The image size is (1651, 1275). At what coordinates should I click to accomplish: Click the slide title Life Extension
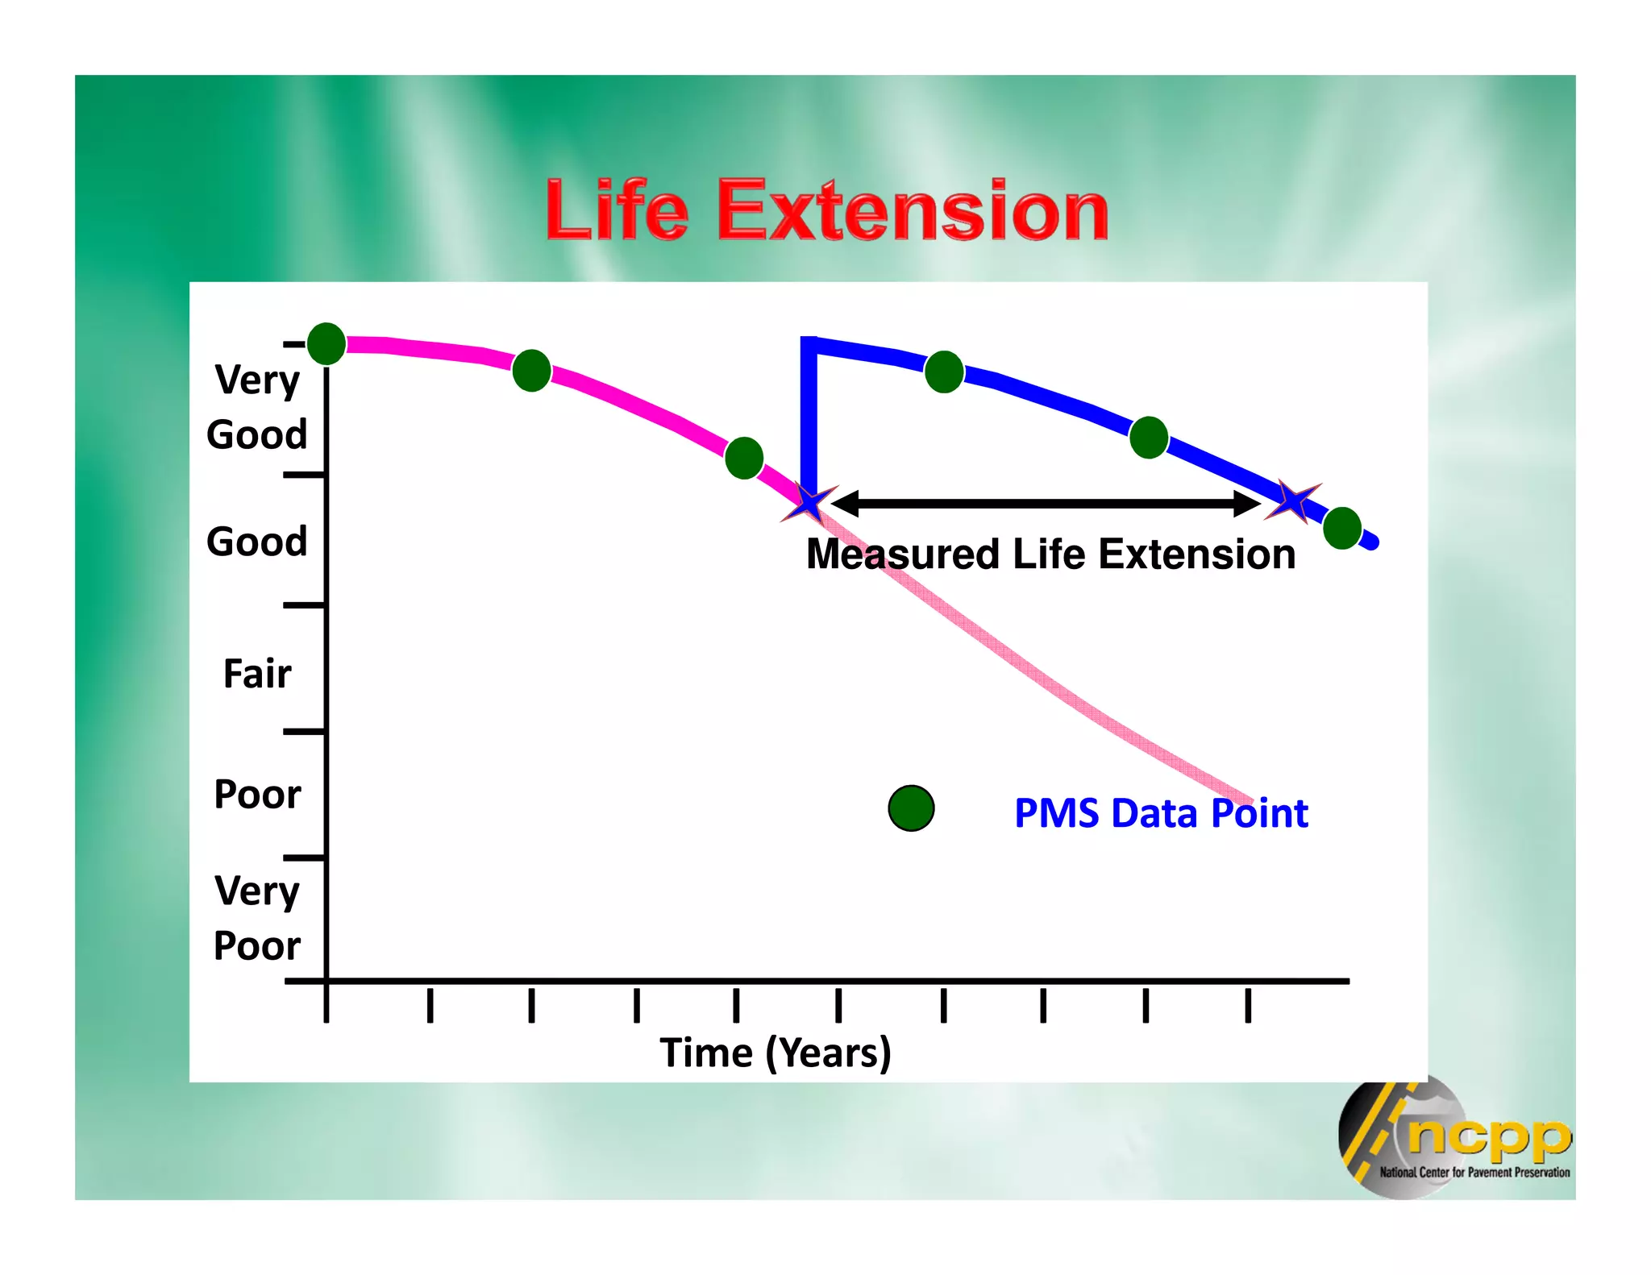coord(826,211)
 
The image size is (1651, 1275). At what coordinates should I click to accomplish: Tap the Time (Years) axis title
coord(775,1053)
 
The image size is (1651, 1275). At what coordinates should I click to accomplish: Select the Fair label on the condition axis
coord(256,674)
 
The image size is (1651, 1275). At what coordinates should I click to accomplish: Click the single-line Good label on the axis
coord(256,541)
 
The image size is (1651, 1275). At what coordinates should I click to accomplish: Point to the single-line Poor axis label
coord(256,795)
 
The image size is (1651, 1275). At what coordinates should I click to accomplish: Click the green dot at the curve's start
coord(326,344)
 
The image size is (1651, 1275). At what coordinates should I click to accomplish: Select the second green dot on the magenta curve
coord(531,371)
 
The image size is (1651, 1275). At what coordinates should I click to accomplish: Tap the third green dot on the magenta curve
coord(744,458)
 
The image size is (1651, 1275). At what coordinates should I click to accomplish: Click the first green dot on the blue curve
coord(944,372)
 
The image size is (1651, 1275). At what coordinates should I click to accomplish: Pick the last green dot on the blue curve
coord(1342,528)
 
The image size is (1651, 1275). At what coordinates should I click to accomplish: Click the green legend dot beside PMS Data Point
coord(911,808)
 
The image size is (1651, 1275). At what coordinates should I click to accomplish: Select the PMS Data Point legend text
coord(1161,813)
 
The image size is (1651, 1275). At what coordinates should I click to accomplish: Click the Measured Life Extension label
coord(1050,554)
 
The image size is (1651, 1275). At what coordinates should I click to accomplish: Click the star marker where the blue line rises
coord(809,503)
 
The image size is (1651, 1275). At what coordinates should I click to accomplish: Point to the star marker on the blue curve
coord(1293,501)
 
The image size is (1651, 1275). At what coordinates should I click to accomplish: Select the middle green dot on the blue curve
coord(1149,438)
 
